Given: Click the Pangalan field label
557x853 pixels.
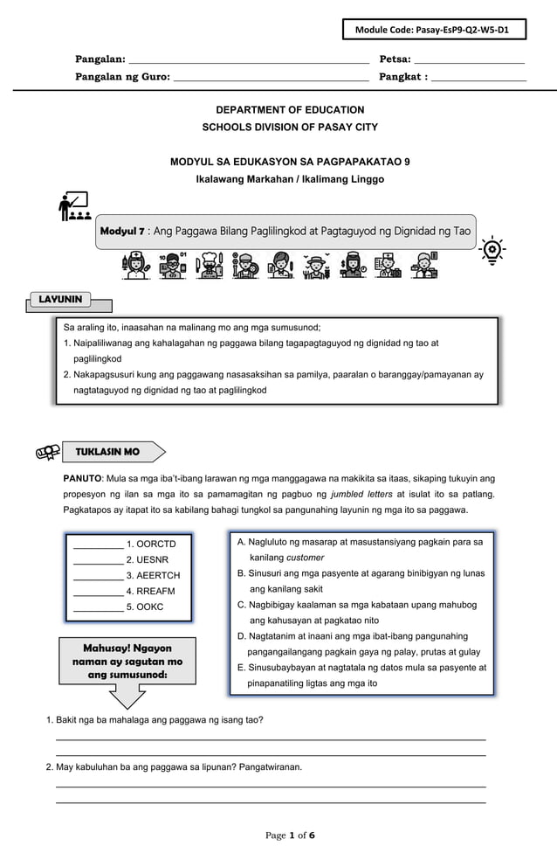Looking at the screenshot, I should click(x=100, y=59).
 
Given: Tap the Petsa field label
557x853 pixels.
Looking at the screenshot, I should click(x=395, y=59).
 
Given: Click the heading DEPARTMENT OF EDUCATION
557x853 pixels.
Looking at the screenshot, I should click(x=278, y=110).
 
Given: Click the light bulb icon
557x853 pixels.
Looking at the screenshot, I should click(x=493, y=249).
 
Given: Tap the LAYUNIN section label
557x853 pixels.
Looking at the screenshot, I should click(x=60, y=300).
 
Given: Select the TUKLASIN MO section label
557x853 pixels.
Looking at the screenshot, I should click(x=107, y=452).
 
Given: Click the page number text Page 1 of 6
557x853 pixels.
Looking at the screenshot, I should click(x=290, y=836).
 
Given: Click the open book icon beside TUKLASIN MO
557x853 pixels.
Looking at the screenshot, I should click(x=46, y=452).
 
